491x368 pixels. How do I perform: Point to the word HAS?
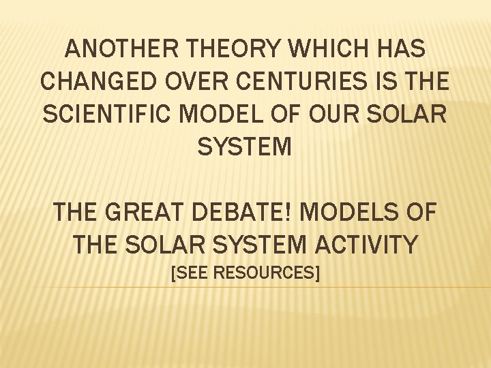click(399, 50)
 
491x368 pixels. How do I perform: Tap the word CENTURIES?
click(297, 81)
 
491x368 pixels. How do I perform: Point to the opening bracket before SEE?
click(173, 273)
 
